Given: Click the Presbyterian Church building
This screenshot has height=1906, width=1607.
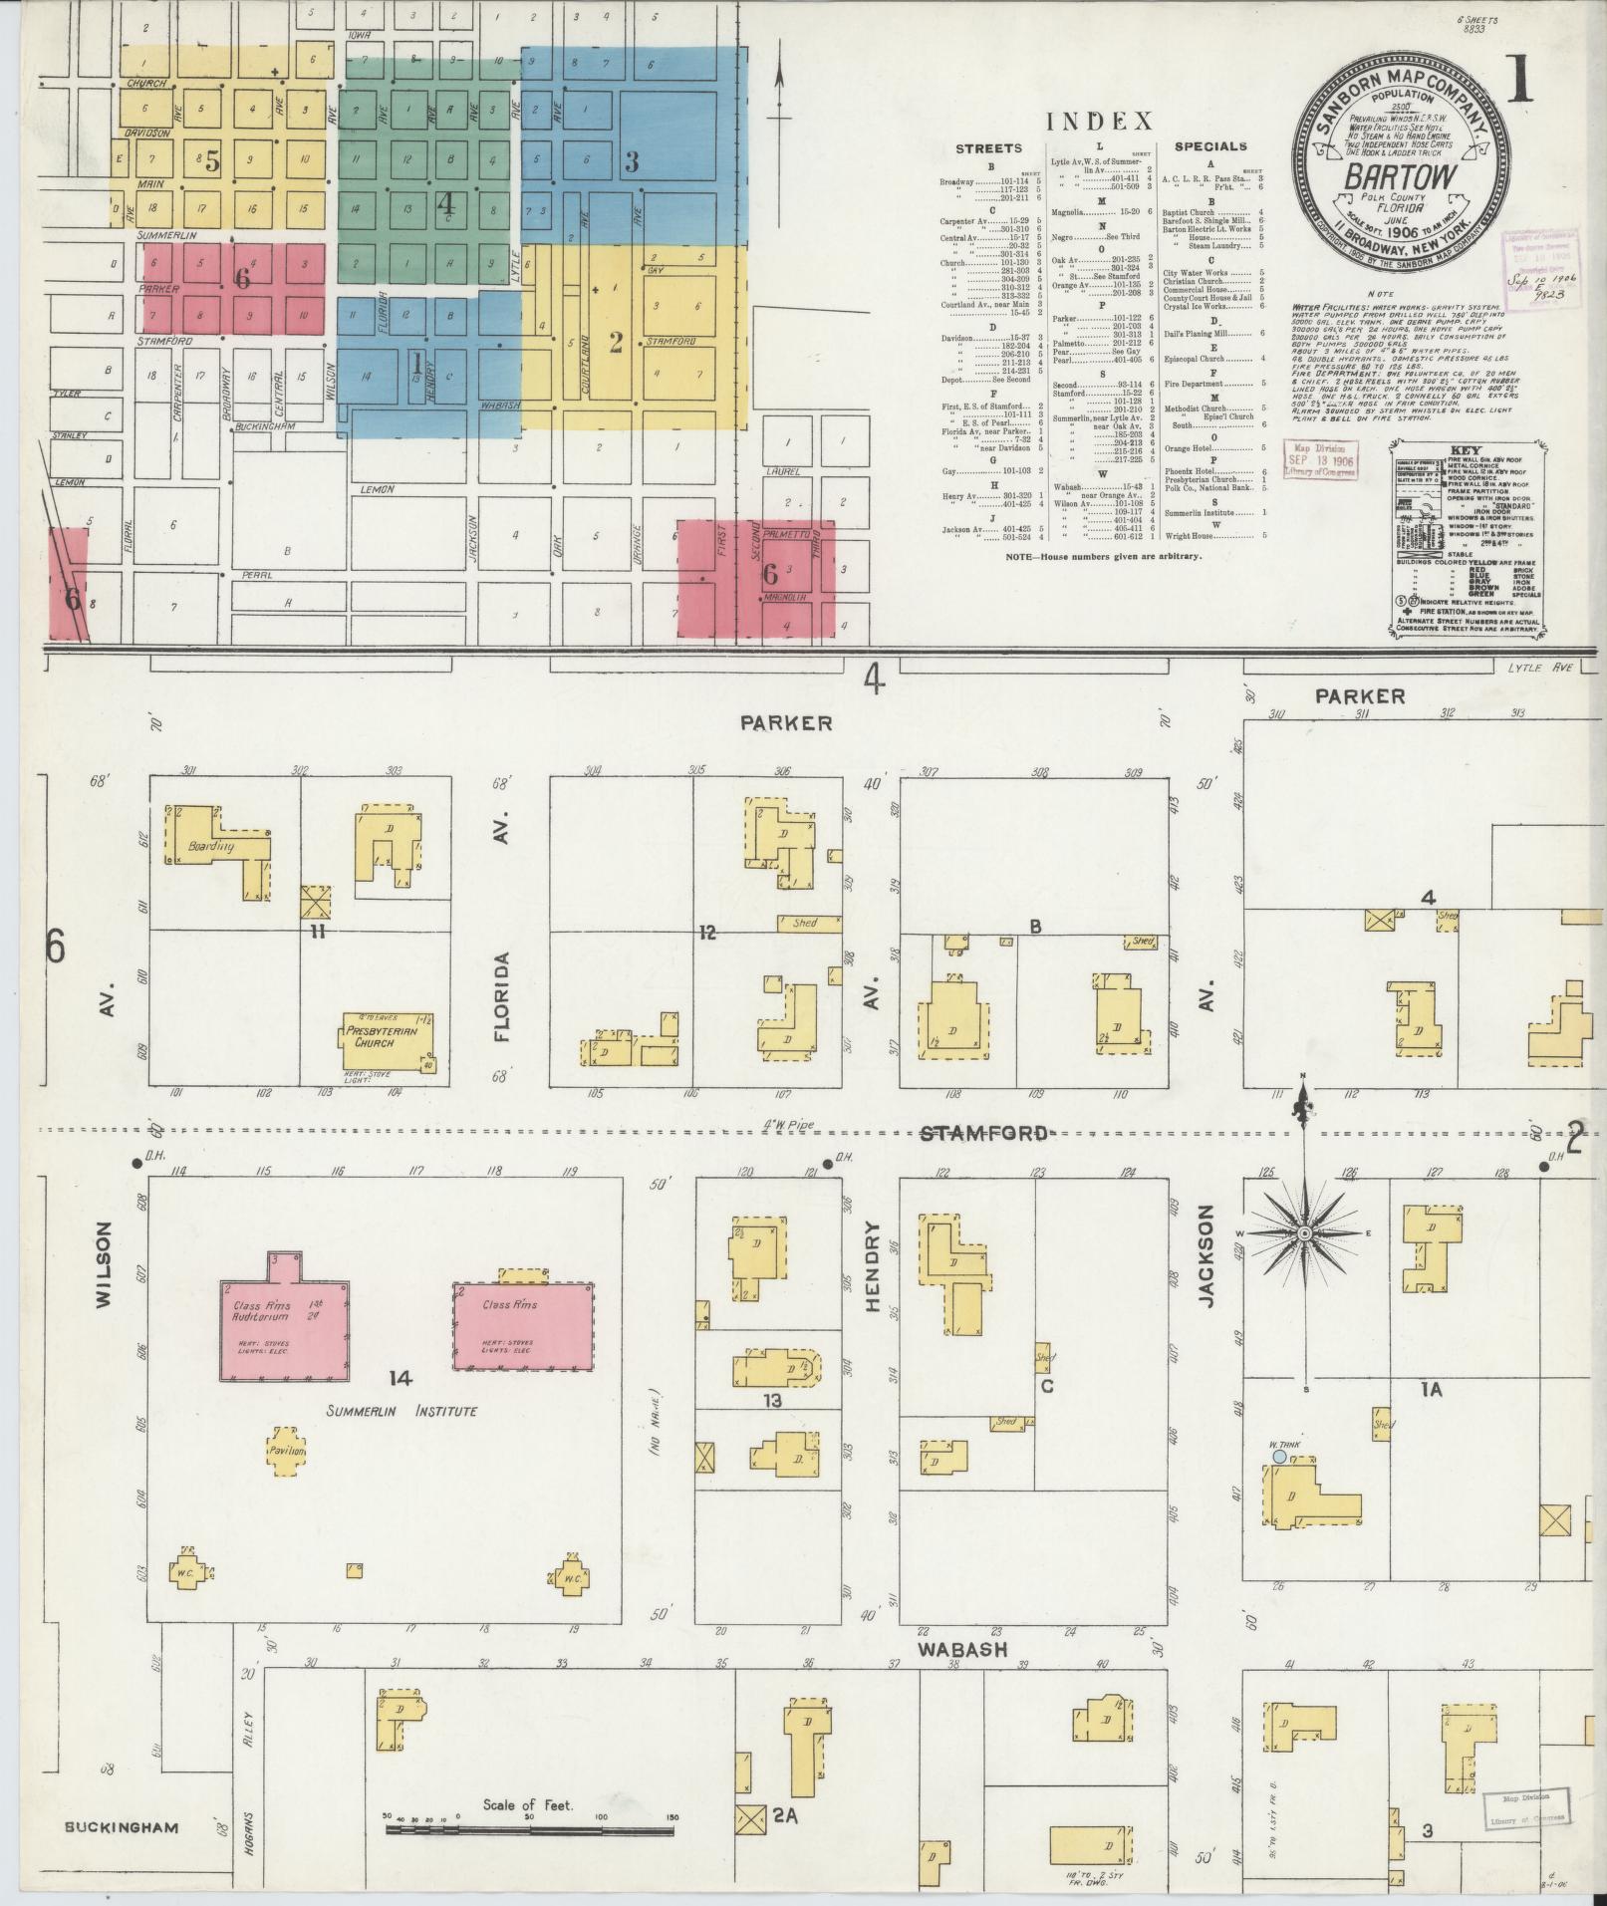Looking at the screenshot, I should click(x=389, y=1036).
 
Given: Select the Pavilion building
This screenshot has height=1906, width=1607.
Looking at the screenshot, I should click(x=286, y=1452).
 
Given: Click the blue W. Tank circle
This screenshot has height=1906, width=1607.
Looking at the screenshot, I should click(x=1278, y=1456).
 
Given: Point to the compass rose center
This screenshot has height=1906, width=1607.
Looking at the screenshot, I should click(x=1304, y=1233).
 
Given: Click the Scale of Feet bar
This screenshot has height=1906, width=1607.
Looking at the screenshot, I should click(x=529, y=1830).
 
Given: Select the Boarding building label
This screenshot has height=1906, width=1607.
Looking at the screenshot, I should click(x=210, y=847).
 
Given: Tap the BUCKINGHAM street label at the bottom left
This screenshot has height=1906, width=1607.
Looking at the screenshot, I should click(x=123, y=1827).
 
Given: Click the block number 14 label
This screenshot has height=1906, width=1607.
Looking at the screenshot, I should click(x=401, y=1378).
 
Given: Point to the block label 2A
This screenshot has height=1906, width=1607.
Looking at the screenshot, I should click(x=785, y=1815).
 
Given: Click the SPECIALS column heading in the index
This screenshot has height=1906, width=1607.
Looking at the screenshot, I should click(x=1209, y=146).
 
